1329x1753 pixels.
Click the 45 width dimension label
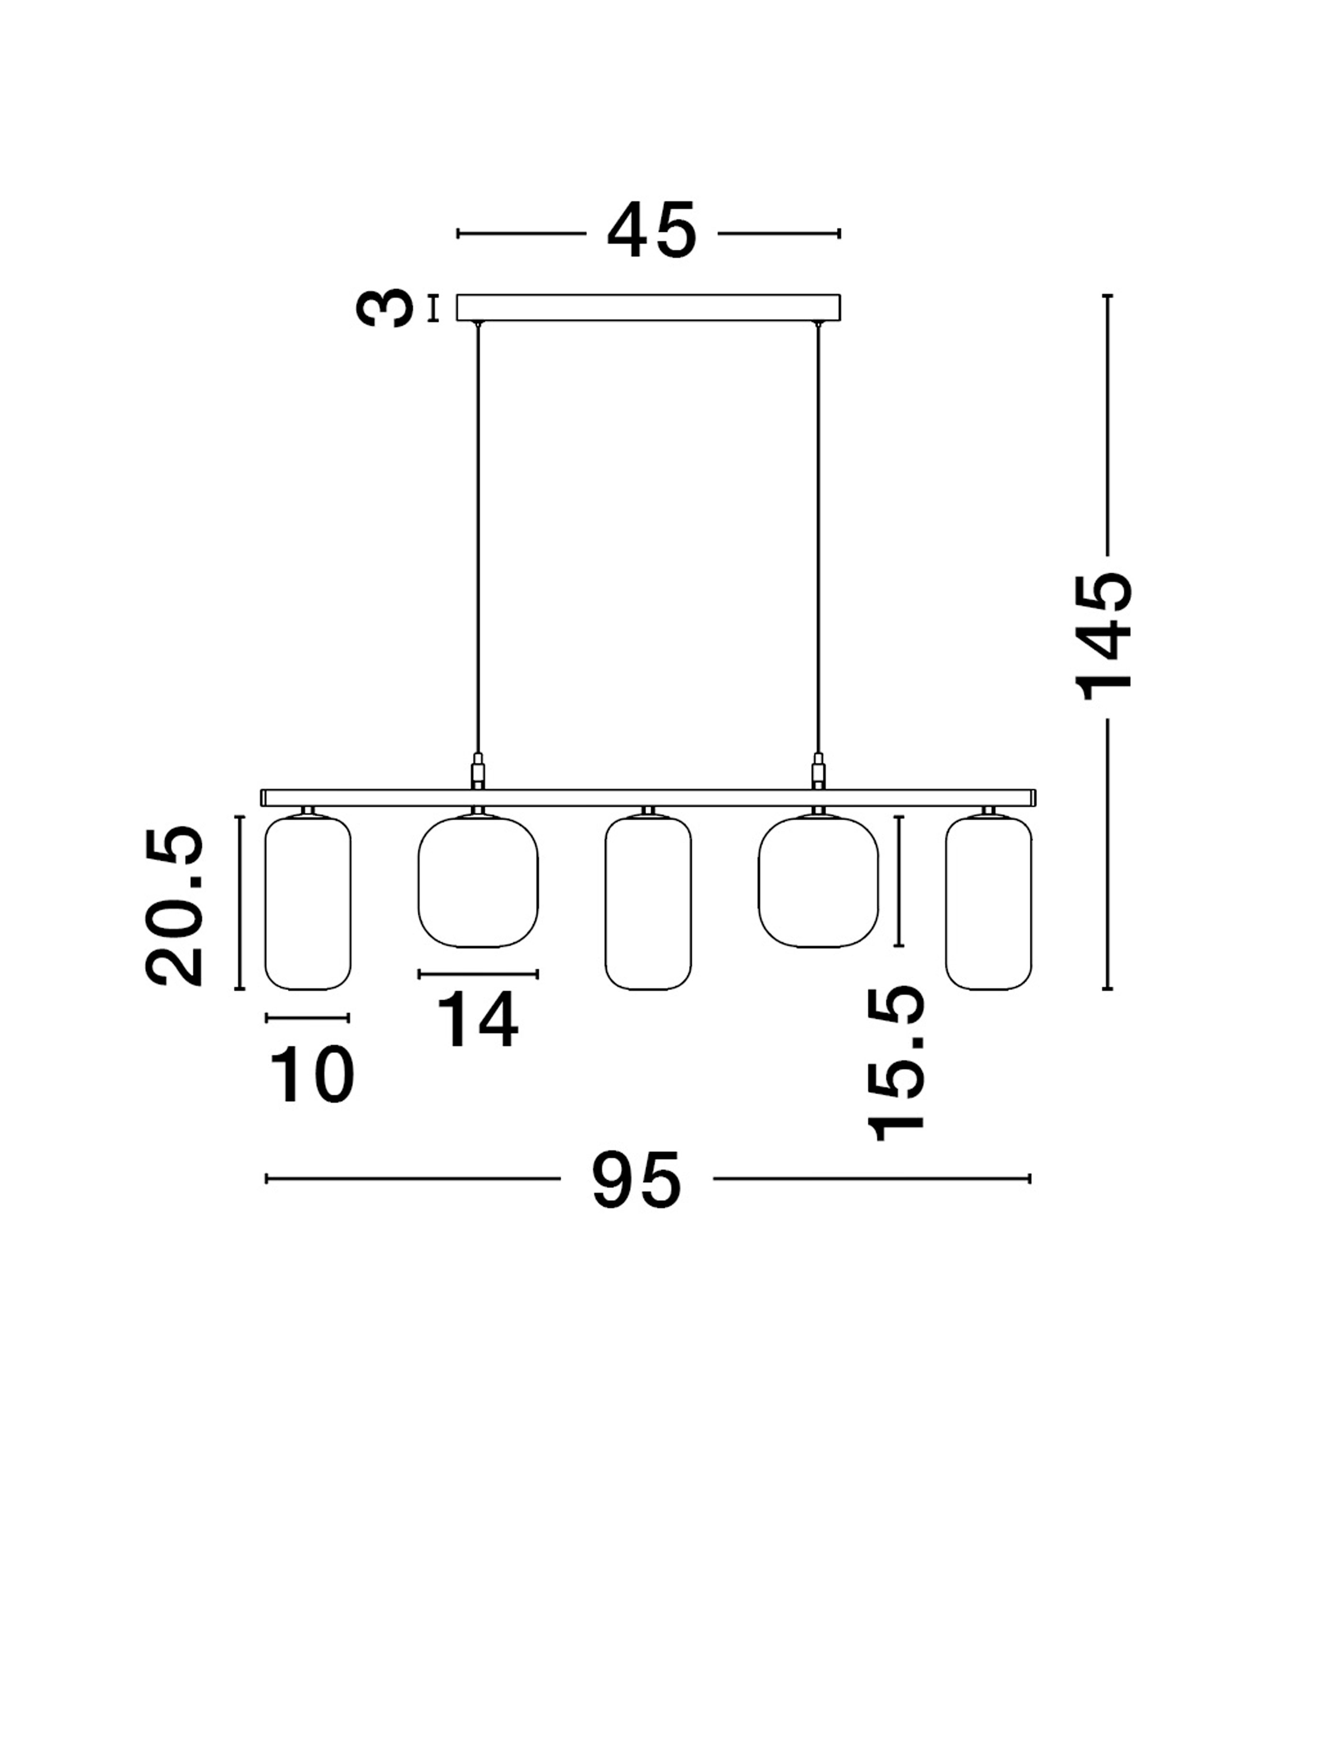click(652, 231)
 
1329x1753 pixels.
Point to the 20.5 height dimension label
click(175, 905)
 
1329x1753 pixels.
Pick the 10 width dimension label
click(312, 1074)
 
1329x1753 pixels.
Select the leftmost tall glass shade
click(307, 904)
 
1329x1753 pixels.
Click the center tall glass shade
click(647, 904)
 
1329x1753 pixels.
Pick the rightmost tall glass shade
click(988, 904)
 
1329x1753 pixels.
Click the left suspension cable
click(478, 539)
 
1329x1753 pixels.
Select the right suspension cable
click(818, 539)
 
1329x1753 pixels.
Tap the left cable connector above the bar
click(478, 770)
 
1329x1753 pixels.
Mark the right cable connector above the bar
click(818, 770)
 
